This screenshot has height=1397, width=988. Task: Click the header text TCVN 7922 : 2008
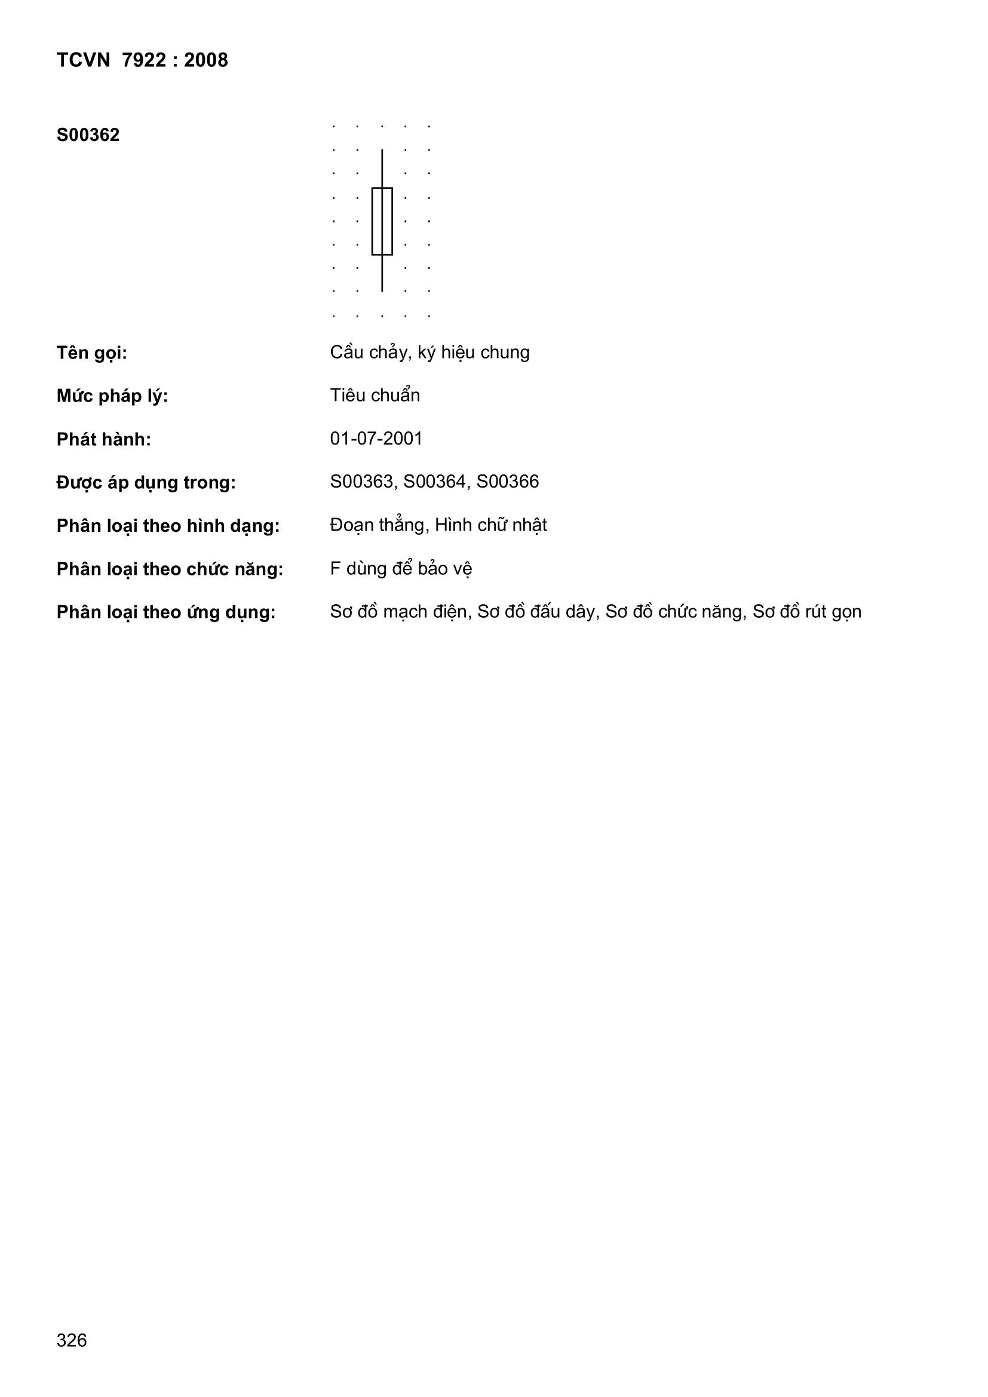point(142,60)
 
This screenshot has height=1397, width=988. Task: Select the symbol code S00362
point(88,135)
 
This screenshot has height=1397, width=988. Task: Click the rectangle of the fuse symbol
point(382,221)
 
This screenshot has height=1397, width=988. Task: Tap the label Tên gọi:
point(92,353)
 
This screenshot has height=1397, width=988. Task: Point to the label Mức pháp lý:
point(112,396)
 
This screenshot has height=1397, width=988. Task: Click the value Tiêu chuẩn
point(375,396)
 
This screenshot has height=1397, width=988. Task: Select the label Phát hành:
point(103,439)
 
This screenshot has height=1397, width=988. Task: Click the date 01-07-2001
point(376,439)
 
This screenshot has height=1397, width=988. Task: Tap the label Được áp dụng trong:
point(146,483)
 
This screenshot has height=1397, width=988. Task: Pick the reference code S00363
point(361,482)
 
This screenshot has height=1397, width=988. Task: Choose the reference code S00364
point(434,482)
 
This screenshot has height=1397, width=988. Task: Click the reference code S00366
point(507,482)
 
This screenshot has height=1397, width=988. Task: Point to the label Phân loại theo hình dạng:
point(168,526)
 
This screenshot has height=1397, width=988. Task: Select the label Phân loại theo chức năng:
point(170,569)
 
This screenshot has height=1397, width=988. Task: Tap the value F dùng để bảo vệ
point(401,568)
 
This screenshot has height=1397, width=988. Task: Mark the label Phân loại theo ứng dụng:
point(166,612)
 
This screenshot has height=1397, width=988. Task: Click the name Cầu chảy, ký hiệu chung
point(429,353)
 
